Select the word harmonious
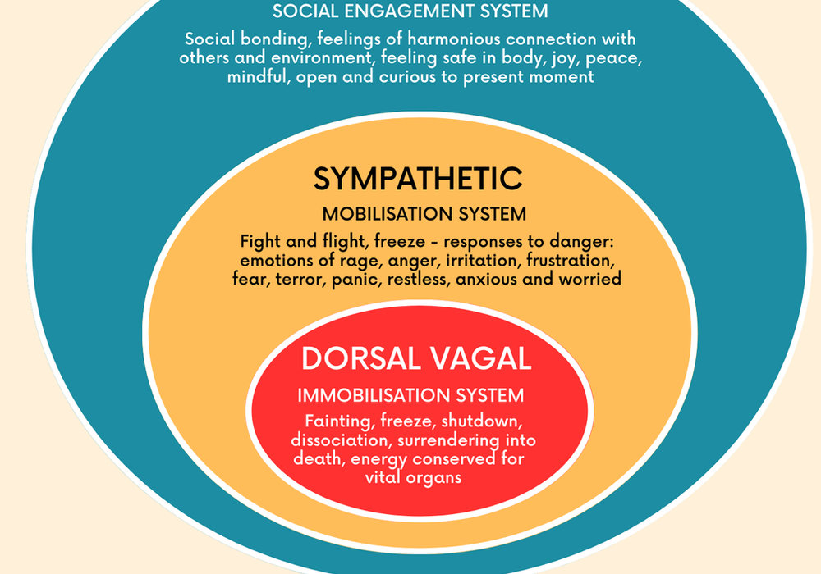(x=455, y=39)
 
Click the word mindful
(x=259, y=77)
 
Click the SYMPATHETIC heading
(x=418, y=178)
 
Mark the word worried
(x=590, y=279)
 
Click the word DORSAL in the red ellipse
(x=361, y=358)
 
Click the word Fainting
(x=340, y=421)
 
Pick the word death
(x=319, y=458)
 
